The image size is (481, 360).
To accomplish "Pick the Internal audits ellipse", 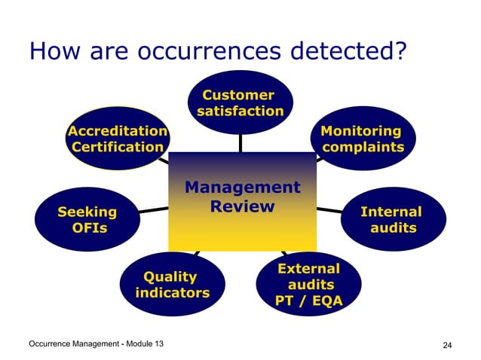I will (x=392, y=219).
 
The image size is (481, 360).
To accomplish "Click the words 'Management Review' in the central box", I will (x=242, y=197).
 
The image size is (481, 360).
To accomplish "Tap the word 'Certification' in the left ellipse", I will (x=117, y=147).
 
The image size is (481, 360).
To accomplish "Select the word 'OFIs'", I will (x=88, y=227).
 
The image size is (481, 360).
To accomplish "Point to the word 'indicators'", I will (x=172, y=292).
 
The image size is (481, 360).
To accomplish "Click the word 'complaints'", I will (x=363, y=147).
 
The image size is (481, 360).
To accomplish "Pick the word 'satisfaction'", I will (x=240, y=111).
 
